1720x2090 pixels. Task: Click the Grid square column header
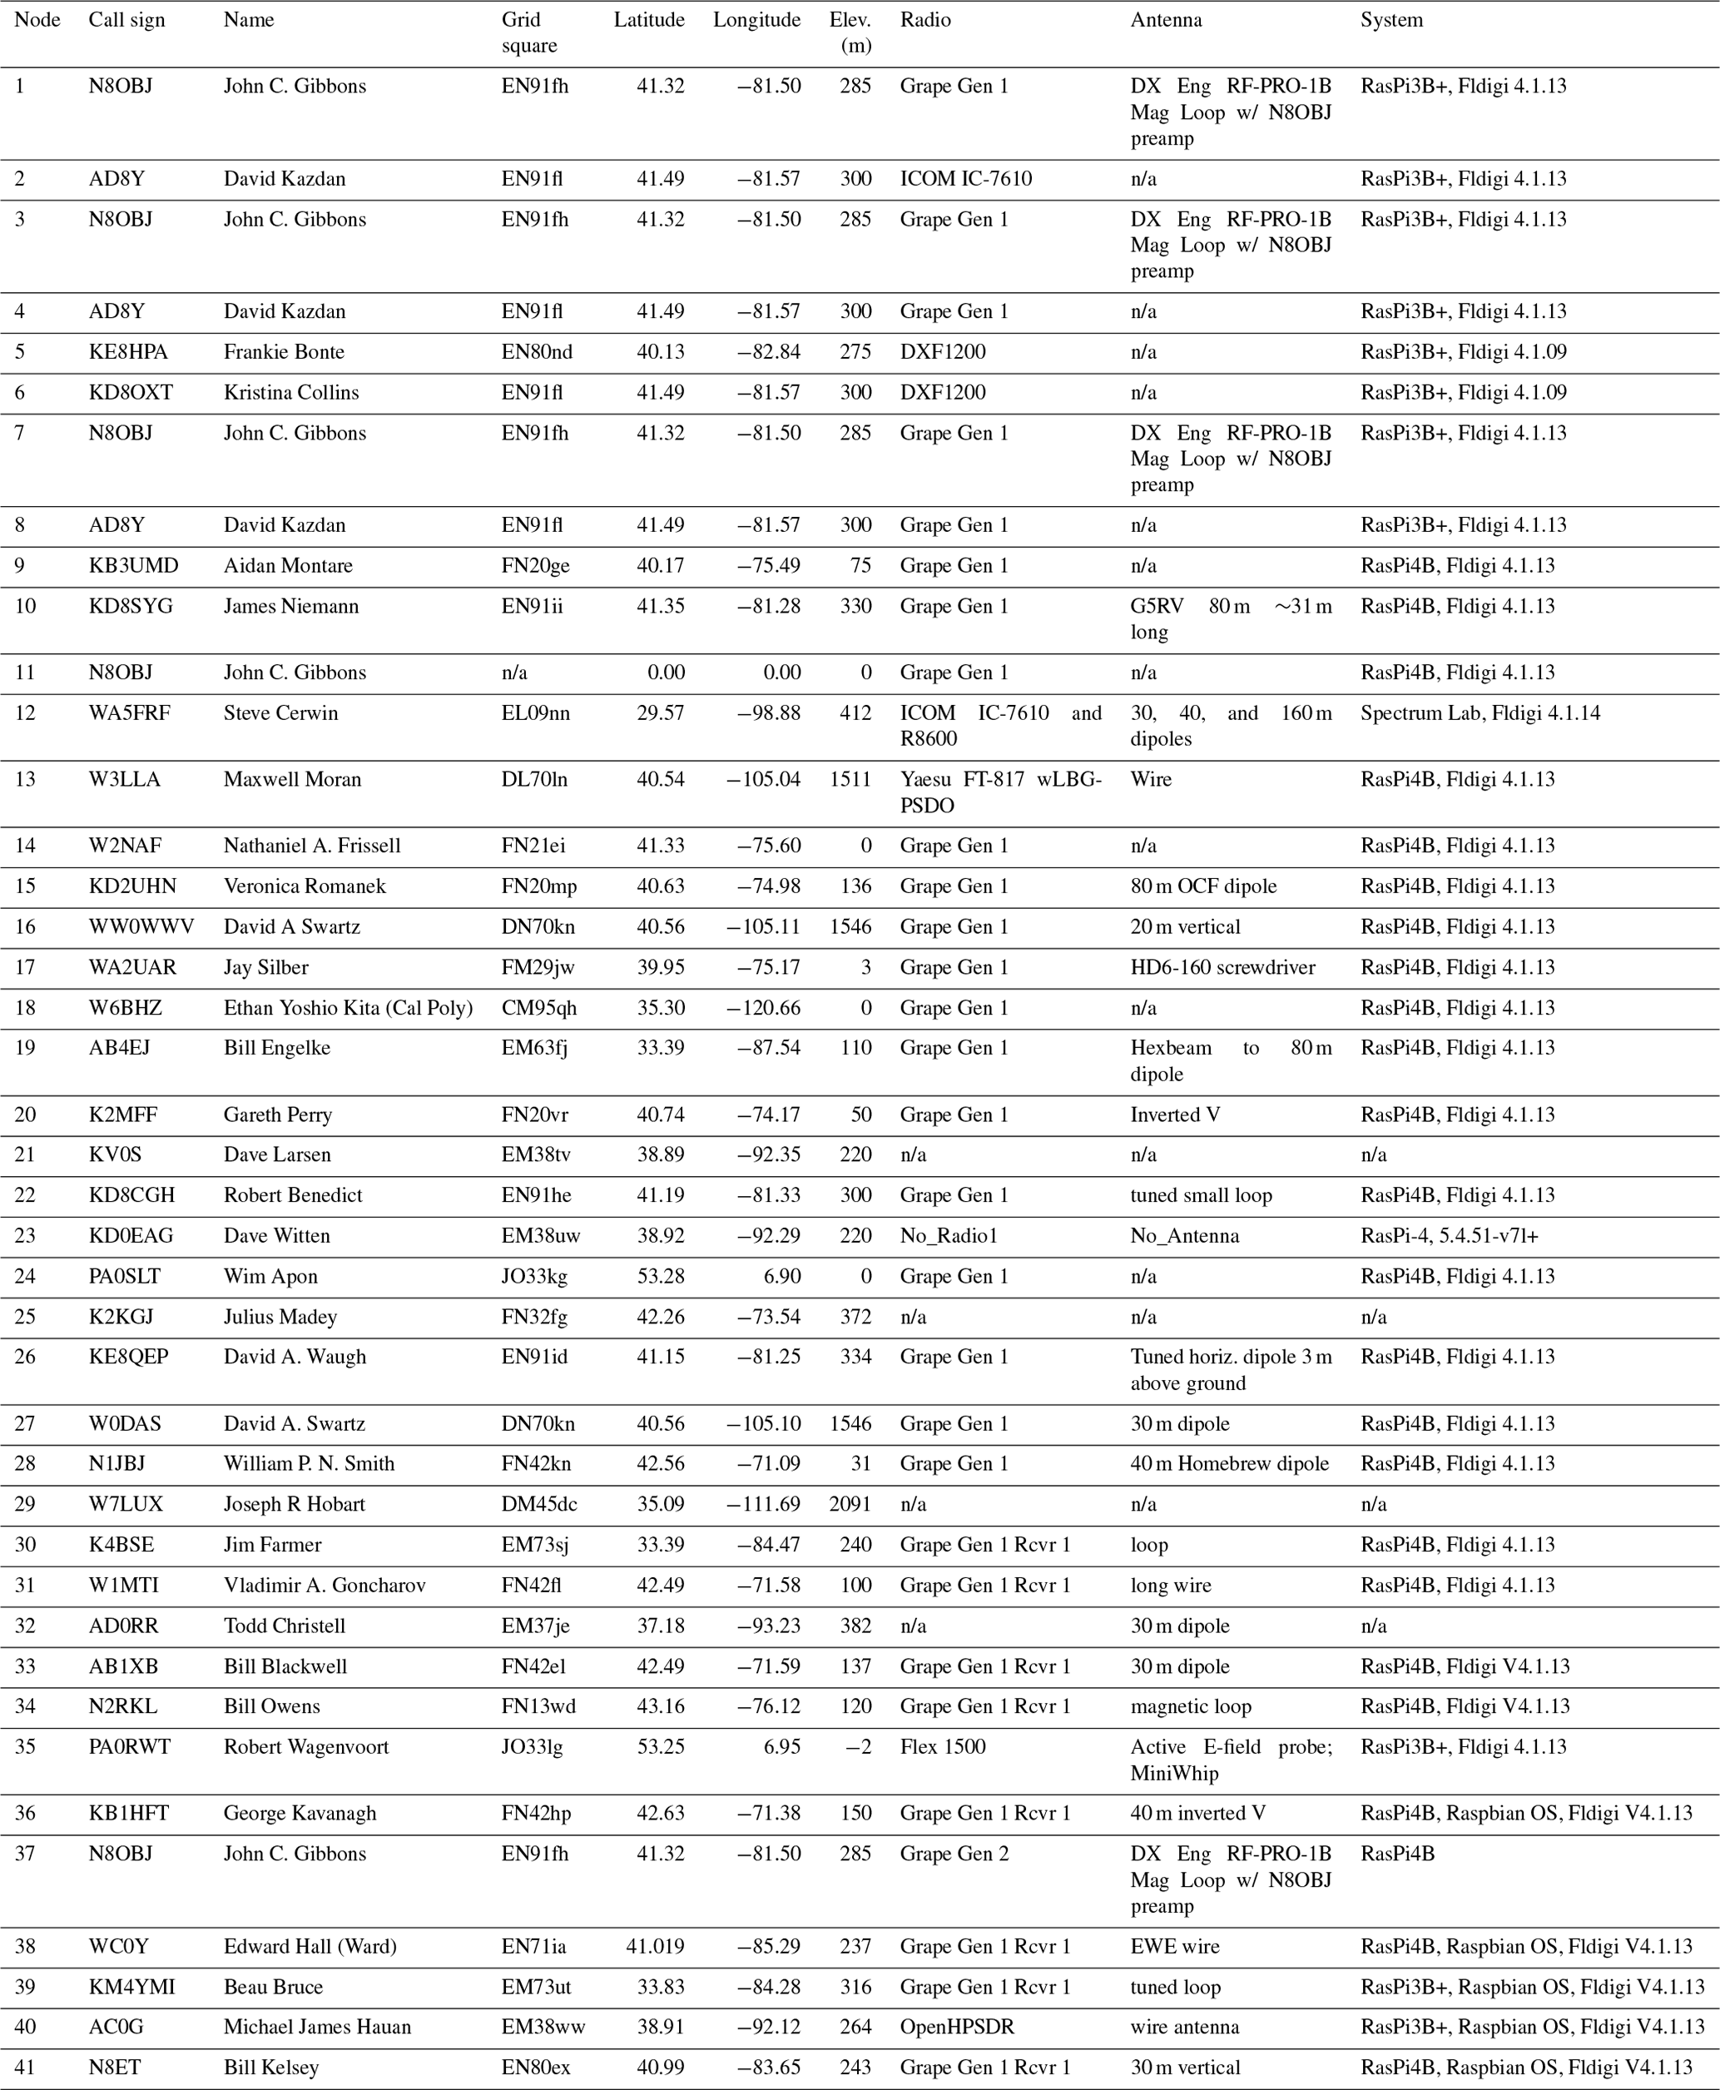(529, 32)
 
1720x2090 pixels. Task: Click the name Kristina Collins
(291, 392)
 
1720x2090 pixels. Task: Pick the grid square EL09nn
(535, 712)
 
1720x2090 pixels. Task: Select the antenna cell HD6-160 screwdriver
(1222, 967)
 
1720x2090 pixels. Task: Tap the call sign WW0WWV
(141, 926)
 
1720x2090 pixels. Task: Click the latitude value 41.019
(655, 1946)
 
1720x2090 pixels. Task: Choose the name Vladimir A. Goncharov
(324, 1586)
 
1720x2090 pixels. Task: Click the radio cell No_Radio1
(948, 1236)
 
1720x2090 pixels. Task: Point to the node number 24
(25, 1277)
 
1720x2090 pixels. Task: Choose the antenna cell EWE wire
(1175, 1946)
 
